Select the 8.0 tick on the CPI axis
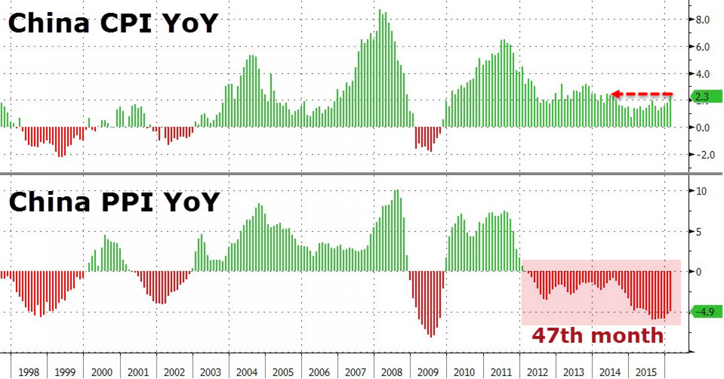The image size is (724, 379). [702, 20]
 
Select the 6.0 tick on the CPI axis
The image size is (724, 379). [702, 47]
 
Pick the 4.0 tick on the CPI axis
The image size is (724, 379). [702, 74]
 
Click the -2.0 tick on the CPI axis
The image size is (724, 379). [704, 155]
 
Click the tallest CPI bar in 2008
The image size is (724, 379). [380, 68]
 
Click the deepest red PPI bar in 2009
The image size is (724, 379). [431, 307]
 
